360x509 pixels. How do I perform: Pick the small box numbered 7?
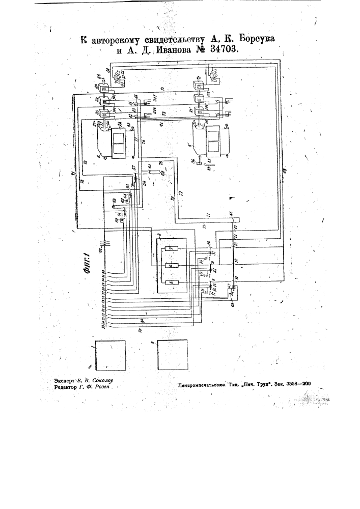[x=172, y=248]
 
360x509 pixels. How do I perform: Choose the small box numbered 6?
[x=172, y=266]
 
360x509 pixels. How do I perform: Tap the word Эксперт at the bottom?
[x=56, y=380]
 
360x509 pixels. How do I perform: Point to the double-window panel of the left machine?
[x=118, y=144]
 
